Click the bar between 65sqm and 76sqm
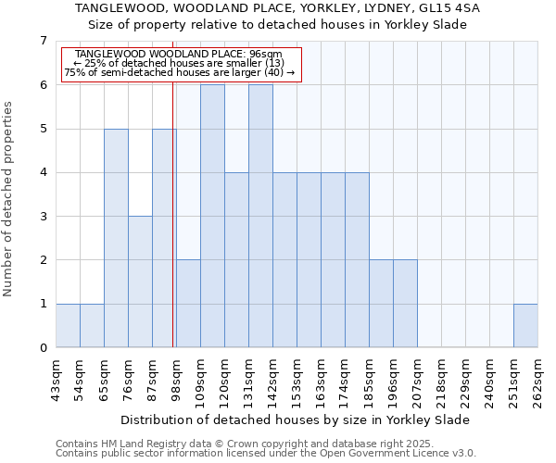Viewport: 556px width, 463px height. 116,238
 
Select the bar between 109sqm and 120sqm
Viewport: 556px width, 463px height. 212,216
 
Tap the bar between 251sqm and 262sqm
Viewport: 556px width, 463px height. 525,326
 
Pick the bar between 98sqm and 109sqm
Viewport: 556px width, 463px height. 188,304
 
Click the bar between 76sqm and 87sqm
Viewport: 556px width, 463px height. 140,282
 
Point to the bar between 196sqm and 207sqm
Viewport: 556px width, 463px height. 405,304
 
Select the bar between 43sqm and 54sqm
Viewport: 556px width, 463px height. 68,326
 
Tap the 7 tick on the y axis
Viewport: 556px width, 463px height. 43,41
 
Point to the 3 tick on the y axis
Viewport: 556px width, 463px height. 43,217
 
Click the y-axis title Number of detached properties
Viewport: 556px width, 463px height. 8,200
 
